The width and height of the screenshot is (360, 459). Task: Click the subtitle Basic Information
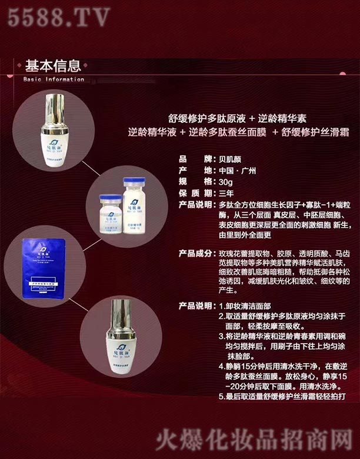(54, 79)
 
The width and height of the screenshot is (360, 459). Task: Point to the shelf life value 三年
(226, 193)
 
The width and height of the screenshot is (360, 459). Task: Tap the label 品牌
(194, 159)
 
